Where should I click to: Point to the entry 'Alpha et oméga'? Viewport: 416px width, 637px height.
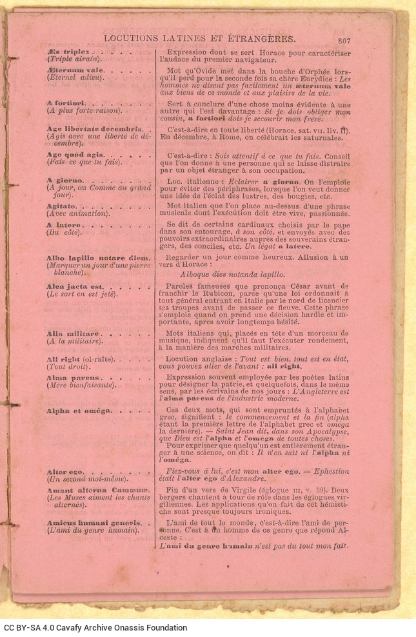79,410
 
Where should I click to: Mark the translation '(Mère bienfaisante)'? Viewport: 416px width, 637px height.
81,385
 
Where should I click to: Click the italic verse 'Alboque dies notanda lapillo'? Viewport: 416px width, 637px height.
232,273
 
